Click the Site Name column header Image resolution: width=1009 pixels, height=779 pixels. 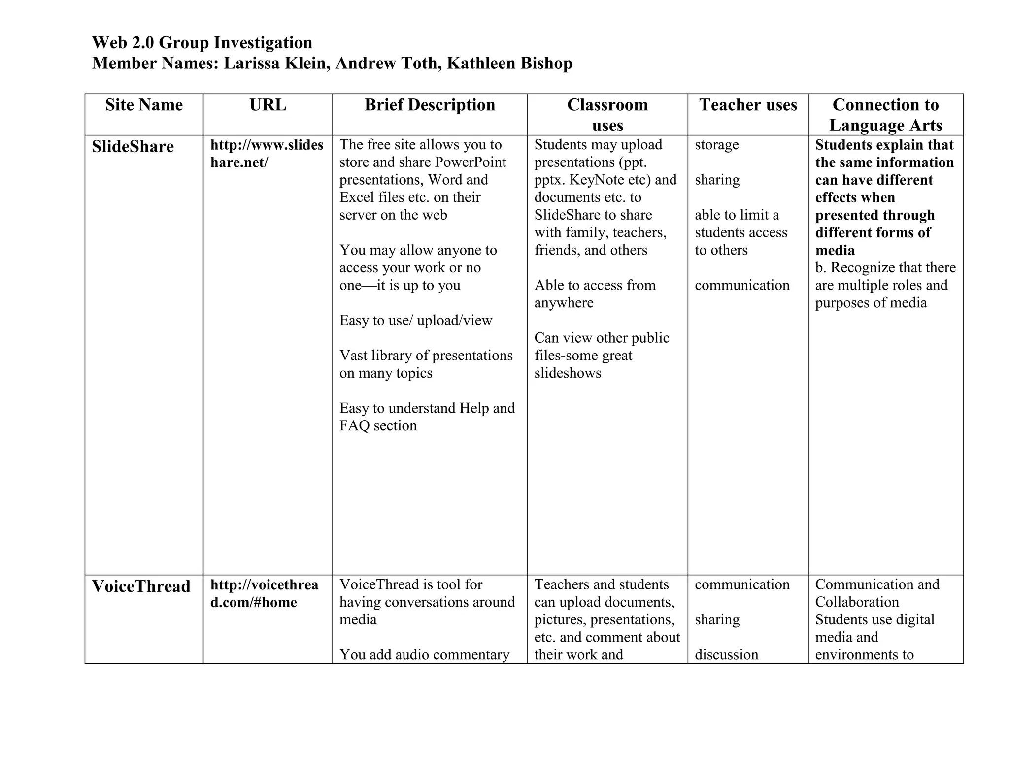click(144, 105)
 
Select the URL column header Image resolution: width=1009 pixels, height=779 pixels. click(268, 105)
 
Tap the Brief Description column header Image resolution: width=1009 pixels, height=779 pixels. click(430, 105)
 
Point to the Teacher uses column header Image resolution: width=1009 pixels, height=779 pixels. click(748, 105)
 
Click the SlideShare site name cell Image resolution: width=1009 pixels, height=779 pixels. click(133, 147)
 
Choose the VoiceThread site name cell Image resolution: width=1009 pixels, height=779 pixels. click(141, 586)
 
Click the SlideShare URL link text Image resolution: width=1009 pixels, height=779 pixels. click(267, 153)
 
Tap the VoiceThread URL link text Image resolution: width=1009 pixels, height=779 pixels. click(264, 593)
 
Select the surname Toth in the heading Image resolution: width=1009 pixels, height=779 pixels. click(420, 64)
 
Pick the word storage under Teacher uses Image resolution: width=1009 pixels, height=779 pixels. click(716, 145)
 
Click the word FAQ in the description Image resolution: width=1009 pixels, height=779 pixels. click(354, 425)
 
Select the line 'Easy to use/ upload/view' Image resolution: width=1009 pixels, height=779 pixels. click(415, 321)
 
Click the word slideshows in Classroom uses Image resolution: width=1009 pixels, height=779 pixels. click(568, 373)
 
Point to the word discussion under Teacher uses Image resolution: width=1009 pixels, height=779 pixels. click(726, 654)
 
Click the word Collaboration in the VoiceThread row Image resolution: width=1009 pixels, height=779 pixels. click(857, 602)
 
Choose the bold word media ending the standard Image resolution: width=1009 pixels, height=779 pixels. click(835, 250)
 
